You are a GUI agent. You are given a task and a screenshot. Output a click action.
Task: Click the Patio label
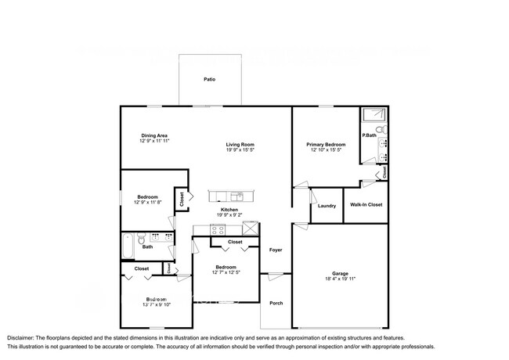[209, 80]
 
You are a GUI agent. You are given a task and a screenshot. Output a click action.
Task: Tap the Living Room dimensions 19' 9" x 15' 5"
[240, 150]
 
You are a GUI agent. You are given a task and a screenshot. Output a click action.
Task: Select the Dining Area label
[154, 135]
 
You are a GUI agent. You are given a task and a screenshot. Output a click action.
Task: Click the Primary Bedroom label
[326, 145]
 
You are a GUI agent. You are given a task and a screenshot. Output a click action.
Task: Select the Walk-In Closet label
[366, 205]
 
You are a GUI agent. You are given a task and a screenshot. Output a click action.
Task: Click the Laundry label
[327, 206]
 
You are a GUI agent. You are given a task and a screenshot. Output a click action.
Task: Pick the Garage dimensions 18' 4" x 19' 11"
[340, 279]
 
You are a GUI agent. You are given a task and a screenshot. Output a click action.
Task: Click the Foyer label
[276, 250]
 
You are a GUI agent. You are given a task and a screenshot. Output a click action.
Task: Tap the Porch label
[276, 303]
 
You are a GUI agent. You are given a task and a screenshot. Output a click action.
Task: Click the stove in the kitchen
[218, 231]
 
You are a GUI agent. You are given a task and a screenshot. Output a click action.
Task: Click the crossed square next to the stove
[251, 229]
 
